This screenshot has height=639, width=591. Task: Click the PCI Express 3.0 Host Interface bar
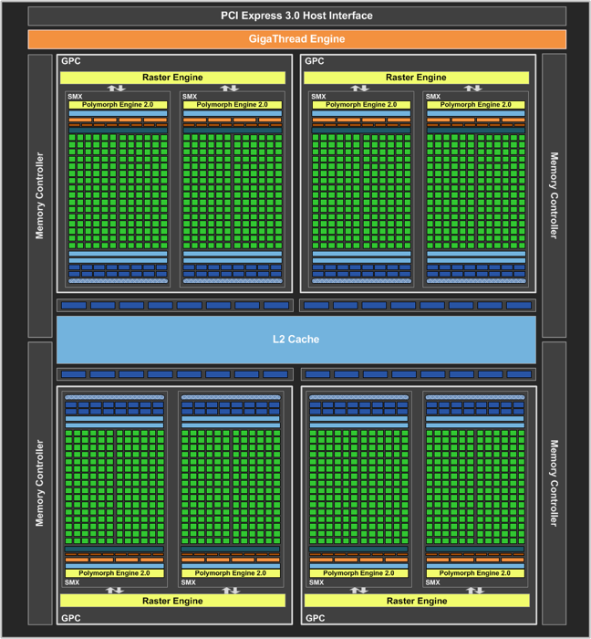click(x=295, y=16)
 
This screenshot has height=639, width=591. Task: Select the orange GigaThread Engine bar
click(x=295, y=39)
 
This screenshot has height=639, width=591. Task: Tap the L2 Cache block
click(x=295, y=340)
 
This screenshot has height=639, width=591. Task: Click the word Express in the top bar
click(x=268, y=16)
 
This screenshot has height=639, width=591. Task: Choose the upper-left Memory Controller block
click(x=40, y=195)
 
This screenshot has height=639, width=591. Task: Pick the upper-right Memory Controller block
click(x=554, y=195)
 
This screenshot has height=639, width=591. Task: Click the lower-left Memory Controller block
click(x=40, y=483)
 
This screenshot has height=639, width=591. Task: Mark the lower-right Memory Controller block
click(x=554, y=483)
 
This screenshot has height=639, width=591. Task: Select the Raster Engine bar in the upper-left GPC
click(x=172, y=78)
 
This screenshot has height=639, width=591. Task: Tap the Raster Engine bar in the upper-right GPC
click(x=417, y=78)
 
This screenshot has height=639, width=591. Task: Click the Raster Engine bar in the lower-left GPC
click(x=172, y=601)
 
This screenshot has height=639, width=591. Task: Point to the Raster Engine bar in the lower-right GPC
click(x=417, y=601)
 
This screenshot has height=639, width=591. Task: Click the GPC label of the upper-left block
click(x=70, y=61)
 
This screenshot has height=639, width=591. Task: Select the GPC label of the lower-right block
click(x=315, y=618)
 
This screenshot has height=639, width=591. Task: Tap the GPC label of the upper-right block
click(x=315, y=61)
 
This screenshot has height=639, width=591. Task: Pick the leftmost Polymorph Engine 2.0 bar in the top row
click(x=118, y=105)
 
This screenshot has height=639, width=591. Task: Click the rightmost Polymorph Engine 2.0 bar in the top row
click(x=475, y=105)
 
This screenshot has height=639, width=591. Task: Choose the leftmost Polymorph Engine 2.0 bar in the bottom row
click(x=114, y=573)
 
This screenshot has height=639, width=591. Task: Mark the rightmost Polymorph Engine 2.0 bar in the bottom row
click(x=475, y=573)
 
